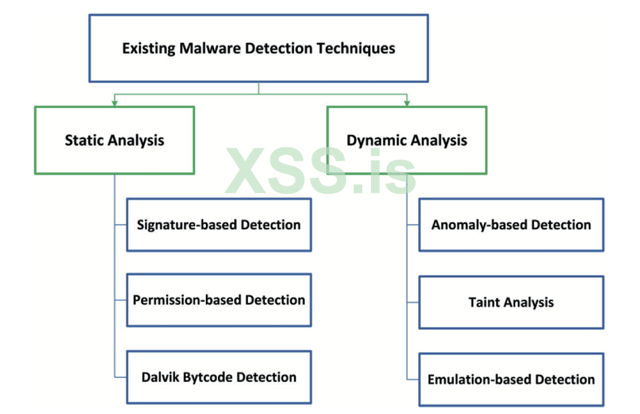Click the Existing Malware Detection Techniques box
259,48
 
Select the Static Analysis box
114,140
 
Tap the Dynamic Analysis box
407,140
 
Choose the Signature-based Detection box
219,224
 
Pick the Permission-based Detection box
219,300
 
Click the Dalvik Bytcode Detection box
219,377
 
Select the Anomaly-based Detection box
511,224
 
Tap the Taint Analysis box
511,303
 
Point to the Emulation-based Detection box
511,379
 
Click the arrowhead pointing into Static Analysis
114,102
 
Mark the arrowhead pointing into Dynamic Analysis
407,102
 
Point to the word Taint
484,303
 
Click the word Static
85,140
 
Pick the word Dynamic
373,140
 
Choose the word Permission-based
187,300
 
